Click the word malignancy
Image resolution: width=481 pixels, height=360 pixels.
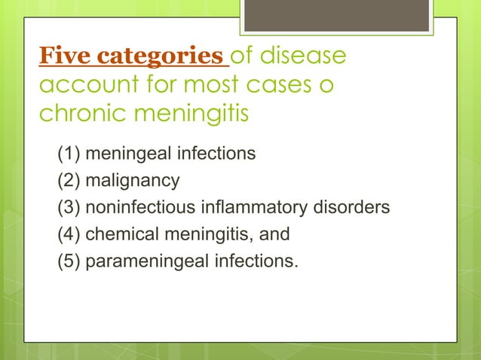[x=133, y=181]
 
